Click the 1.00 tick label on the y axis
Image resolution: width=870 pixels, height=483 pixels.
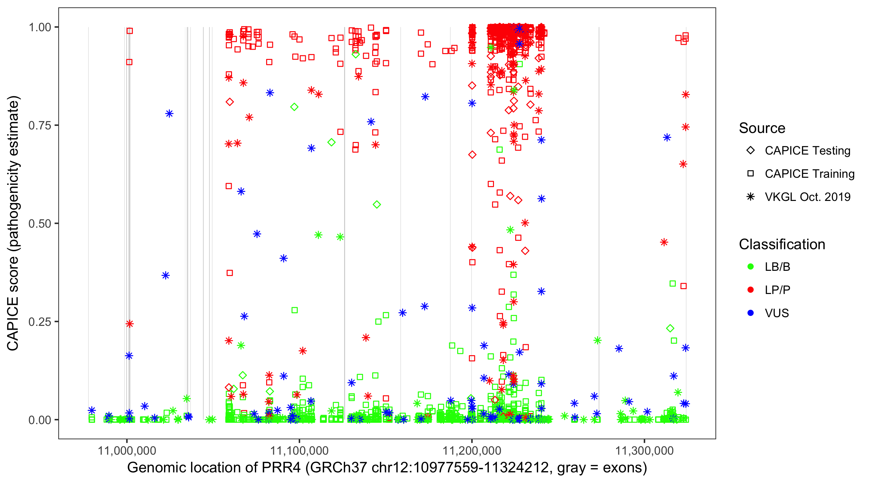coord(40,27)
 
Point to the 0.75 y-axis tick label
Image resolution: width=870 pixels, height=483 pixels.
coord(40,126)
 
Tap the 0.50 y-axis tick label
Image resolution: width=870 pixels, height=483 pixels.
coord(40,224)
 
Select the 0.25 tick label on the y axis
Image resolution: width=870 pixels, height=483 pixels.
coord(40,322)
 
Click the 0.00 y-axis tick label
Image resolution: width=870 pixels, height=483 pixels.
coord(40,420)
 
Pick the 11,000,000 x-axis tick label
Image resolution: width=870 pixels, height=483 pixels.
coord(127,450)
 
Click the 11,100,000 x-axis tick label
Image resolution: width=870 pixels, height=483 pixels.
coord(299,450)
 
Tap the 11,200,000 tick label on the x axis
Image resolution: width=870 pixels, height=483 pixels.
coord(472,450)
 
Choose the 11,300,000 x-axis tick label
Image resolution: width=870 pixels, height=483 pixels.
coord(644,450)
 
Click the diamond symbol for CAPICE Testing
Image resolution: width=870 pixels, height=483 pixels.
coord(750,151)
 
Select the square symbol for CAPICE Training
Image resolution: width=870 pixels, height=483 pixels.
coord(750,174)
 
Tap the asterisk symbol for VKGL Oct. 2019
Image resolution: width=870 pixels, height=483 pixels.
coord(750,197)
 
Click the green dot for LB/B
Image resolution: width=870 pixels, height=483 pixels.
coord(750,267)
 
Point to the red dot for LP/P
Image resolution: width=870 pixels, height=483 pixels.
coord(750,290)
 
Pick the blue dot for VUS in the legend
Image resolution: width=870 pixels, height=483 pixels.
coord(750,313)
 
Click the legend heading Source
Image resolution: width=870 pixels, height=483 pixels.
coord(762,128)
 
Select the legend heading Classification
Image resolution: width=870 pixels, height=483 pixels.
coord(782,244)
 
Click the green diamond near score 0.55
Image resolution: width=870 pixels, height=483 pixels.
coord(377,204)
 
